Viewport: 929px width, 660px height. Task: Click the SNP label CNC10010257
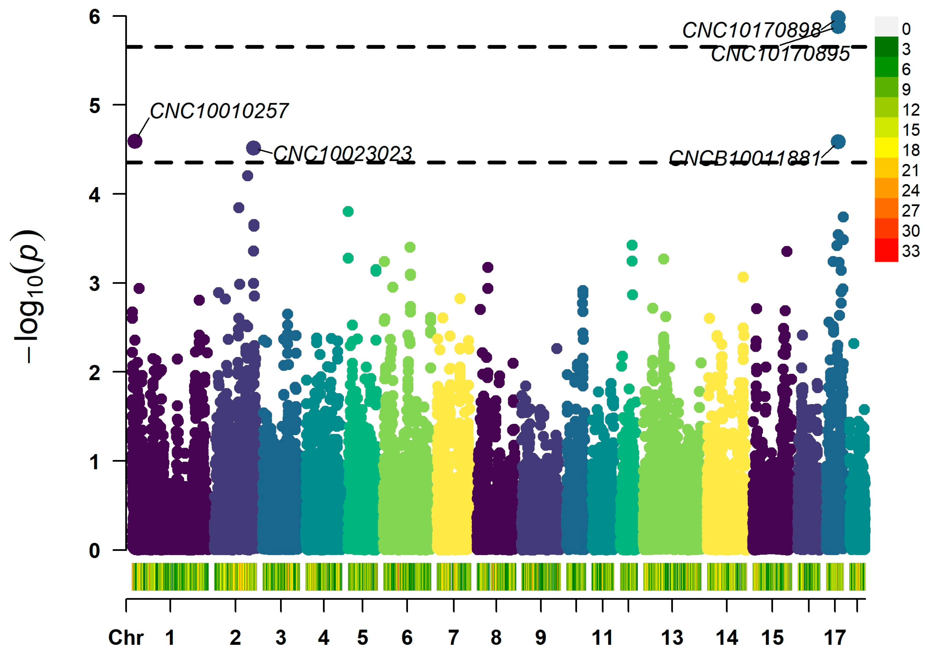coord(219,111)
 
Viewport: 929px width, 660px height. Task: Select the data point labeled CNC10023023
coord(254,148)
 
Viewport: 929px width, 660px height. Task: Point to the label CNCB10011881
coord(745,159)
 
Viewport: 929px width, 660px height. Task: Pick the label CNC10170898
coord(751,30)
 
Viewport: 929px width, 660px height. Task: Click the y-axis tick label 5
coord(94,106)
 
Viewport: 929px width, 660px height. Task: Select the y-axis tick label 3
coord(94,283)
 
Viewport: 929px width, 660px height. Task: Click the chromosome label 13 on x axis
coord(672,637)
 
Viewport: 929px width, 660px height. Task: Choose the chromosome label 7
coord(454,637)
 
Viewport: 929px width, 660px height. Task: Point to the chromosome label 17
coord(834,637)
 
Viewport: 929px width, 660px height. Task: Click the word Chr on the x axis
coord(126,637)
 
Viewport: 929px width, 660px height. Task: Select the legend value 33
coord(910,251)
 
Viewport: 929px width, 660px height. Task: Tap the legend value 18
coord(910,150)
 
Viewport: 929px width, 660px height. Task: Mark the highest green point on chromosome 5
coord(348,211)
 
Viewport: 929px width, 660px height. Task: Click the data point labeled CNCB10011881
coord(838,142)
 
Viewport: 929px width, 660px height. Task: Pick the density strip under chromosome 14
coord(726,576)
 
